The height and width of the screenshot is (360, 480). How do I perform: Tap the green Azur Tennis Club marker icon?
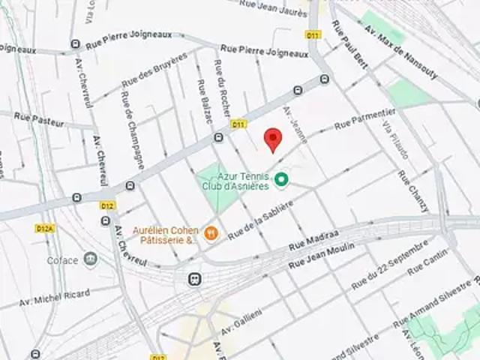[281, 179]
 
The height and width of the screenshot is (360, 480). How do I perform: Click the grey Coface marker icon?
[90, 259]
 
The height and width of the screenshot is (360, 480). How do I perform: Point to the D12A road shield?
[44, 227]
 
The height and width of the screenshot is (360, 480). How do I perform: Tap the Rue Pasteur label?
[38, 119]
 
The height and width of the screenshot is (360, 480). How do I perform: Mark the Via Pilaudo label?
[395, 139]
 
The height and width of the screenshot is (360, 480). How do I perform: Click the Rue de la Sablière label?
[259, 218]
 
